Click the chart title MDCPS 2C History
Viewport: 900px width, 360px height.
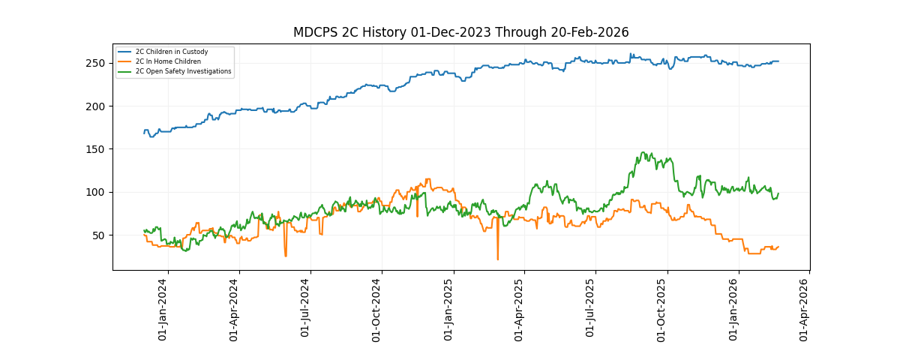click(x=460, y=32)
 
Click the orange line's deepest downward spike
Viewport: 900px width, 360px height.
click(x=497, y=259)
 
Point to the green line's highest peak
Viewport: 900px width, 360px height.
click(x=644, y=153)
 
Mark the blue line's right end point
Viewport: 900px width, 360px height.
click(x=778, y=61)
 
